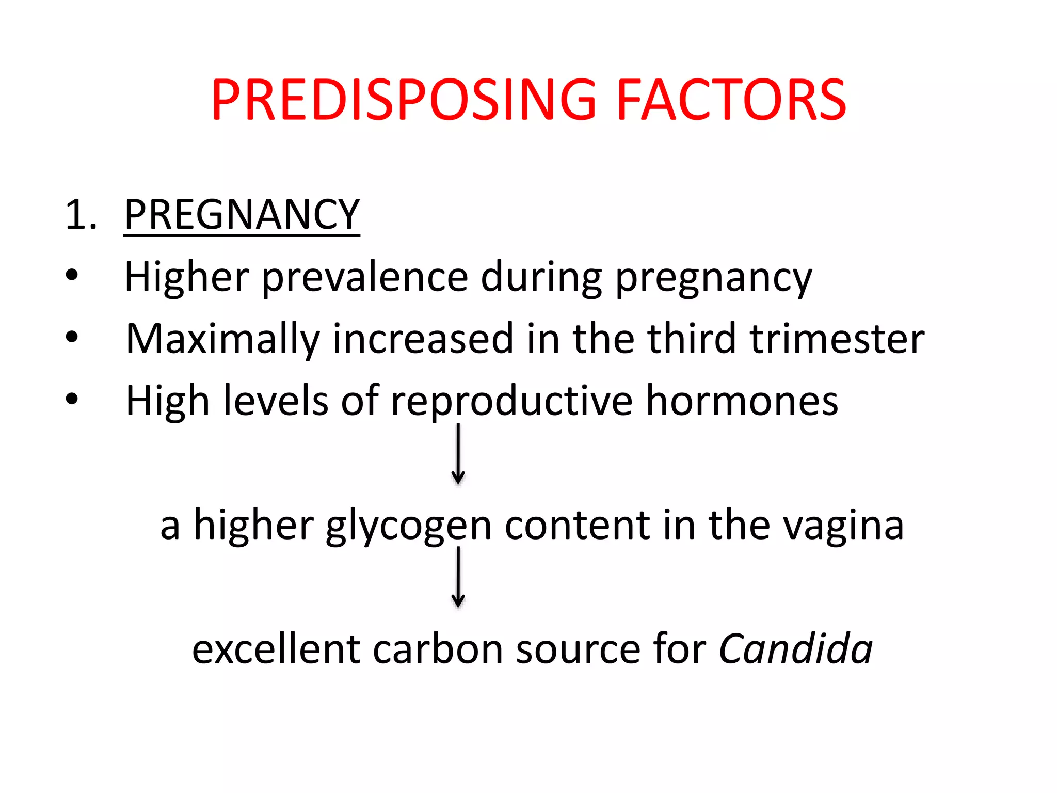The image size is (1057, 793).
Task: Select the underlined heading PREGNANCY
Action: pyautogui.click(x=242, y=214)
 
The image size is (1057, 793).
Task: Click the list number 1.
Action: pyautogui.click(x=81, y=214)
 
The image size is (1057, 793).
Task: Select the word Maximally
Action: pyautogui.click(x=222, y=340)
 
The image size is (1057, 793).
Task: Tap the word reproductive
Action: pyautogui.click(x=511, y=402)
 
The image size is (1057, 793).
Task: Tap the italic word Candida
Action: pyautogui.click(x=795, y=649)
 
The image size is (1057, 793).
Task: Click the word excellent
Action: pyautogui.click(x=276, y=649)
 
